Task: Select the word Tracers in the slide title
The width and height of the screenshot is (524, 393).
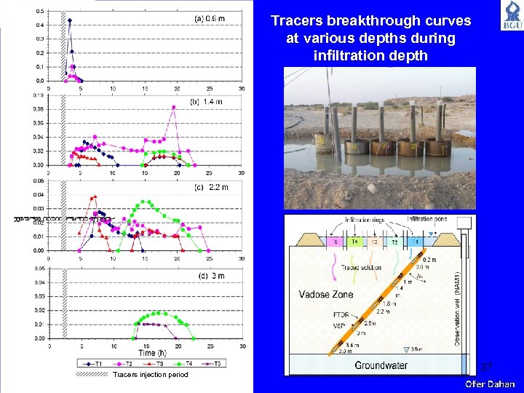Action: (x=297, y=21)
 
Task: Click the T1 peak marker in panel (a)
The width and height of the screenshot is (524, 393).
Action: (x=70, y=20)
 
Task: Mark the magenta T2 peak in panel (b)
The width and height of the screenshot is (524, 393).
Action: (x=173, y=107)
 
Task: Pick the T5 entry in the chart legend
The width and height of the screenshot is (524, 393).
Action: (x=214, y=362)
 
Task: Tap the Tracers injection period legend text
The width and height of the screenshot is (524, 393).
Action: (x=140, y=375)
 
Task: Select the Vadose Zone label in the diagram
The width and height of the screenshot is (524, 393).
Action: (x=325, y=295)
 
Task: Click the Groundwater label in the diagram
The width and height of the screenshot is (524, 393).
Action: (x=381, y=365)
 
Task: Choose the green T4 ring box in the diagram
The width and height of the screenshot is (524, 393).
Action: (x=354, y=242)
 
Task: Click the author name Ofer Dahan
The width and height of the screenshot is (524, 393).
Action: (x=490, y=384)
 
